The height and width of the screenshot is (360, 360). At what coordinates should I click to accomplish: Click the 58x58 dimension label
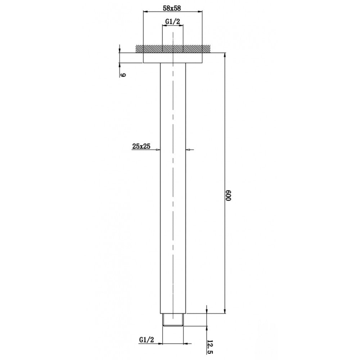(172, 7)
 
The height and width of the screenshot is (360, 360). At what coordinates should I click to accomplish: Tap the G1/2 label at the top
(172, 22)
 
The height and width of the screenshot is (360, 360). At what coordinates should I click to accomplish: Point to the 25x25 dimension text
(141, 146)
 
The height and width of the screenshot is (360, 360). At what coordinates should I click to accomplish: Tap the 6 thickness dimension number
(123, 75)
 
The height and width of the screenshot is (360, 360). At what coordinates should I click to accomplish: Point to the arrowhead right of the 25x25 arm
(188, 149)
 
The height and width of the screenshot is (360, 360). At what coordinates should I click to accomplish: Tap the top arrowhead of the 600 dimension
(225, 56)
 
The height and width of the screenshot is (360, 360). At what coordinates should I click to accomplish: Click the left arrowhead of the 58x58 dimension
(145, 12)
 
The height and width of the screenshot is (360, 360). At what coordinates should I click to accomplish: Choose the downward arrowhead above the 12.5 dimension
(207, 311)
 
